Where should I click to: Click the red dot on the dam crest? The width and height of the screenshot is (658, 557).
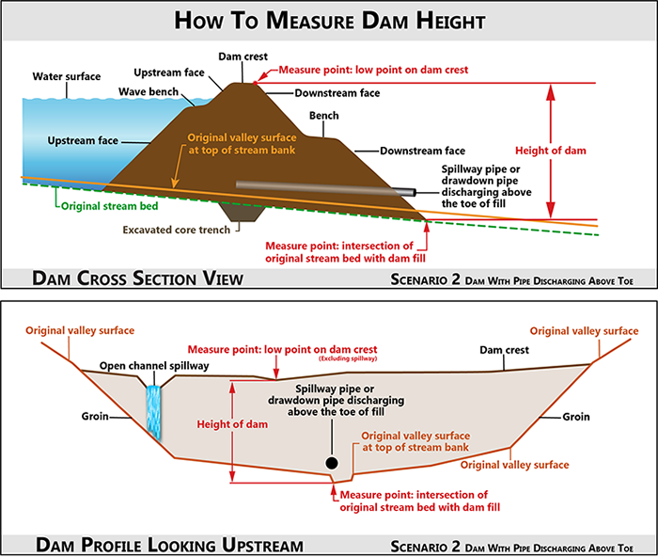tap(255, 83)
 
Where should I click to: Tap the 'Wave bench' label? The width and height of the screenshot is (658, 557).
tap(149, 91)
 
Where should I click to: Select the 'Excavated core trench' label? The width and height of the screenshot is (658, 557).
tap(177, 230)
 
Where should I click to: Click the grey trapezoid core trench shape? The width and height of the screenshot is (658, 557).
tap(243, 212)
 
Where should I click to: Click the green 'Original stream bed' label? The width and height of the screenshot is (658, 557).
tap(110, 206)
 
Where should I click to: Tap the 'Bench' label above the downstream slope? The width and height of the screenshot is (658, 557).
tap(324, 116)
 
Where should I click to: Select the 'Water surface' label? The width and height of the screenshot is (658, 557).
tap(67, 76)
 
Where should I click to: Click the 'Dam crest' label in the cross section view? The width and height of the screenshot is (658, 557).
tap(243, 56)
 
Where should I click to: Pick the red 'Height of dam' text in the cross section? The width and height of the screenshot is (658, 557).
tap(551, 151)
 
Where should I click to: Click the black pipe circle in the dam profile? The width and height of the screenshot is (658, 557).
tap(332, 463)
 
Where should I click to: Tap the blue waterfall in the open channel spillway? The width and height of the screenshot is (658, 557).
tap(153, 412)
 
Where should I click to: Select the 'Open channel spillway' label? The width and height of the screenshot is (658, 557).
tap(154, 366)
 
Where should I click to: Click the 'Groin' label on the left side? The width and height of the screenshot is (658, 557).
tap(95, 416)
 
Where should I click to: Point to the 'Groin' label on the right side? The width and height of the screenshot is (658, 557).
tap(576, 417)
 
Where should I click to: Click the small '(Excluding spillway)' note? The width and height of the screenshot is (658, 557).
tap(348, 358)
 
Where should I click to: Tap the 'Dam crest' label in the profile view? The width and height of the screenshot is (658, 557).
tap(505, 350)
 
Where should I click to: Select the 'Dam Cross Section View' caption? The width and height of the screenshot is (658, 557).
tap(137, 278)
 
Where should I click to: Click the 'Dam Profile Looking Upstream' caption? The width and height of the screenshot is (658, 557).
tap(169, 545)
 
